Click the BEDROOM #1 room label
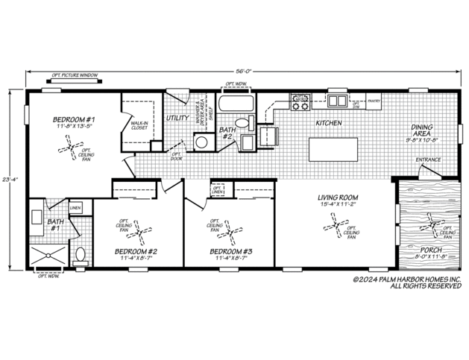(72, 119)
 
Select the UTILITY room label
(177, 118)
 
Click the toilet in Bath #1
(81, 256)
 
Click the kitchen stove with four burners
(300, 101)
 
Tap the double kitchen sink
(339, 101)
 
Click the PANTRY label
(374, 98)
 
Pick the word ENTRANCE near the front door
(429, 160)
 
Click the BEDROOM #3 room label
(232, 251)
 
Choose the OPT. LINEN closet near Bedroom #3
(219, 191)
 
